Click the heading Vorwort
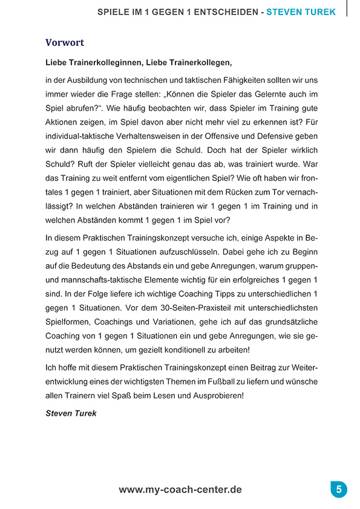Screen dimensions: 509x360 coord(65,43)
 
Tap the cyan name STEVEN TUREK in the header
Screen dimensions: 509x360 coord(301,11)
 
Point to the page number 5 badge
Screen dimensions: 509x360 coord(339,489)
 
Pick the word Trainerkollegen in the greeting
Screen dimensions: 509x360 coord(197,62)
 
